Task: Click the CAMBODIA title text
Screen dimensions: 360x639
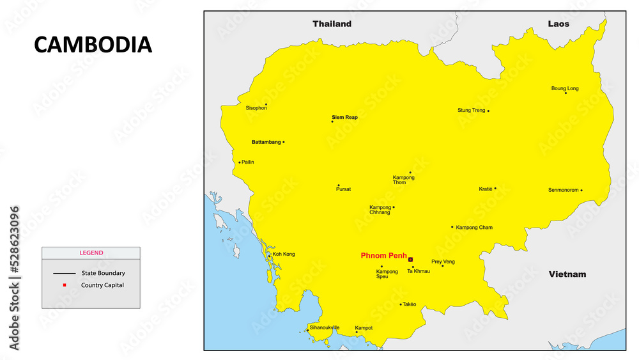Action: coord(93,45)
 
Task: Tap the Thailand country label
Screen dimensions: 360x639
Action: coord(332,24)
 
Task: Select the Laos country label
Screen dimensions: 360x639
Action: coord(558,24)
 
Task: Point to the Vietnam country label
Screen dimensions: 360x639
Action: coord(567,274)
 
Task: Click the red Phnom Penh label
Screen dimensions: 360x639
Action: coord(383,256)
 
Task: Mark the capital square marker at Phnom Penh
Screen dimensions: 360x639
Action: coord(410,260)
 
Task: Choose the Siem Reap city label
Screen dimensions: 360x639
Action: coord(345,117)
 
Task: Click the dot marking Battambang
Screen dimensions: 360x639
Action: coord(284,142)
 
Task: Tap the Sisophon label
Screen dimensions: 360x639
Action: coord(256,108)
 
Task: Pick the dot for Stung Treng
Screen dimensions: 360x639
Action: coord(488,111)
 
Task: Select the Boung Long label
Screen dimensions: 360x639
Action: coord(565,88)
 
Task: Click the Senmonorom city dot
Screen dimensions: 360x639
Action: coord(581,190)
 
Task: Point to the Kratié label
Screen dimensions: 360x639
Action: coord(486,189)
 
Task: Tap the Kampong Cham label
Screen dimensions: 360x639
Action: coord(474,228)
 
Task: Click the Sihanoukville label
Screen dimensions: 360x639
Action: coord(325,327)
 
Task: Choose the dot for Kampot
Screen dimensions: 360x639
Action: coord(357,333)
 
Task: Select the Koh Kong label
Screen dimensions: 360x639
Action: coord(284,254)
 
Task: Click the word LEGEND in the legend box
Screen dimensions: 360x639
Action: coord(91,253)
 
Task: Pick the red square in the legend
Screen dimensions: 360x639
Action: coord(65,285)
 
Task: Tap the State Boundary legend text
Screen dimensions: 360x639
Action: coord(103,273)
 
